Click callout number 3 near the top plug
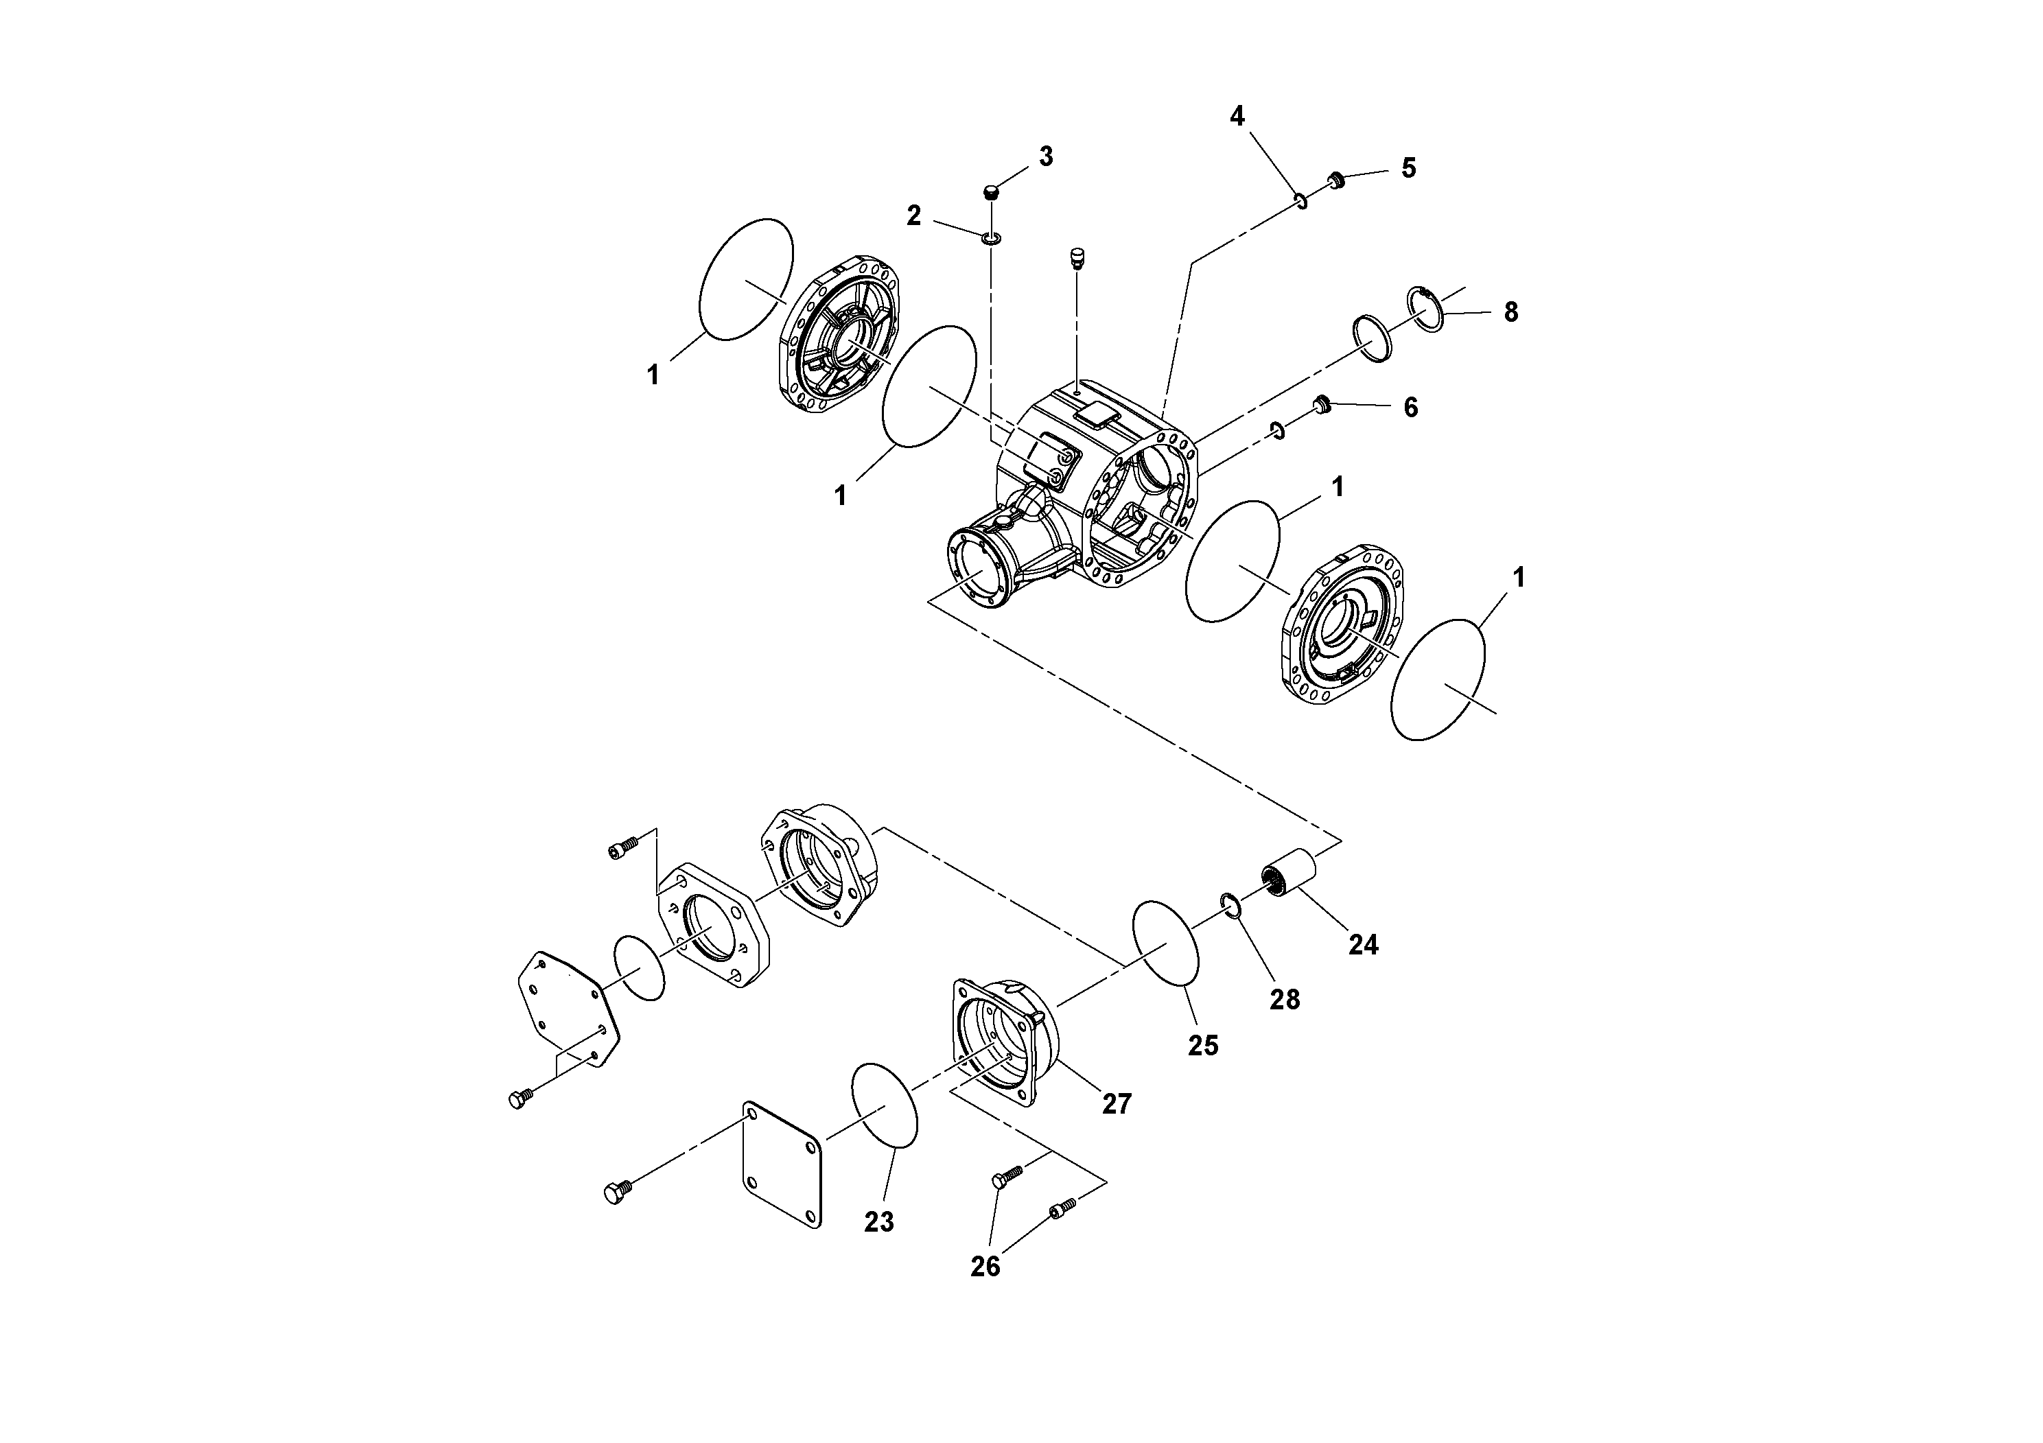[x=1046, y=156]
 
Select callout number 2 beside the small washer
[x=914, y=216]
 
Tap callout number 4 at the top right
[x=1237, y=117]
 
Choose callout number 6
[x=1410, y=408]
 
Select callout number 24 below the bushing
[x=1362, y=945]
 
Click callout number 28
[x=1284, y=1000]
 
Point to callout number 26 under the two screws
[x=985, y=1267]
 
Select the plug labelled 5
[x=1335, y=180]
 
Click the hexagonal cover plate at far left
[x=568, y=1008]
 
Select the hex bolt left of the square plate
[x=616, y=1192]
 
